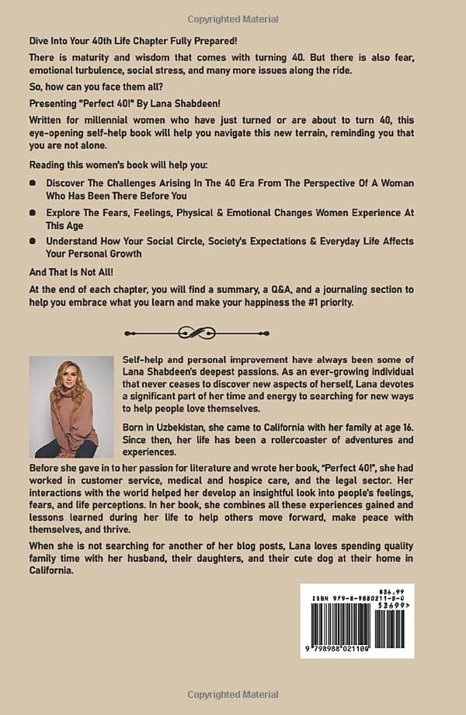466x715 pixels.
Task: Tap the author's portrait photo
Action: pyautogui.click(x=71, y=406)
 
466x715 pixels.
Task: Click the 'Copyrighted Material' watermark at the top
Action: pyautogui.click(x=233, y=18)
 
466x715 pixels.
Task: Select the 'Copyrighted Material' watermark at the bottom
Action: pyautogui.click(x=233, y=694)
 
